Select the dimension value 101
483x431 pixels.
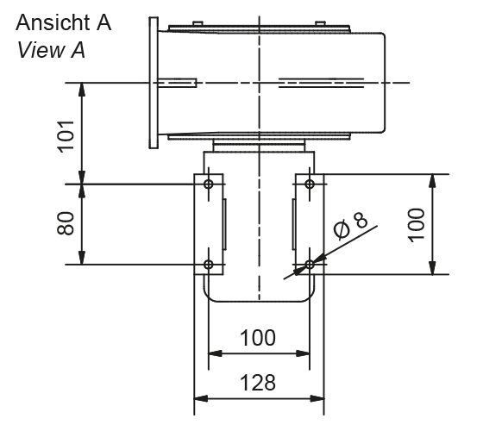67,133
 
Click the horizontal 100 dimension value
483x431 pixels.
258,338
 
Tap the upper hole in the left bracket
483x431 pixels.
208,184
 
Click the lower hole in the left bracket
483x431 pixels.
208,265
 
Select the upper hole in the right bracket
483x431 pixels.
310,184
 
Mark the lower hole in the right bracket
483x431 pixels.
310,265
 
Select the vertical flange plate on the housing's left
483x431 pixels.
154,82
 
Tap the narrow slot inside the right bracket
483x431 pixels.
293,224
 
